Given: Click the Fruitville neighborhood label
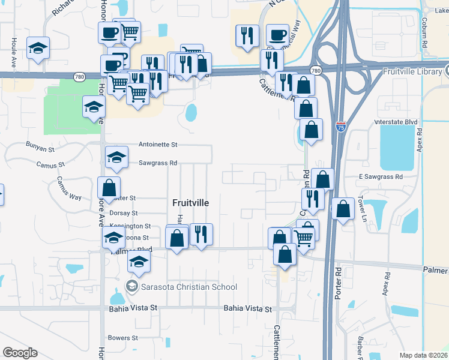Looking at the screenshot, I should tap(190, 203).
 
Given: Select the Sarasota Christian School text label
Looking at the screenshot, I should tap(188, 287).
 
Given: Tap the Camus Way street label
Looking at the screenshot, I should tap(69, 188).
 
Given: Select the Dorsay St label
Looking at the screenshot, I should tap(124, 213).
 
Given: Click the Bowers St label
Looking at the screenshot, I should tap(124, 338).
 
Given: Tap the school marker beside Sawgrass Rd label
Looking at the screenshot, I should tap(116, 157).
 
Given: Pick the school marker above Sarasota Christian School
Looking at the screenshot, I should tap(139, 262).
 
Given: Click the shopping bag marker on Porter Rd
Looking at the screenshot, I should tap(343, 209).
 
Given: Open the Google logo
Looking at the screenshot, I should tap(20, 353).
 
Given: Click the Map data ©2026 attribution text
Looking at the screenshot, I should tap(423, 355).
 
